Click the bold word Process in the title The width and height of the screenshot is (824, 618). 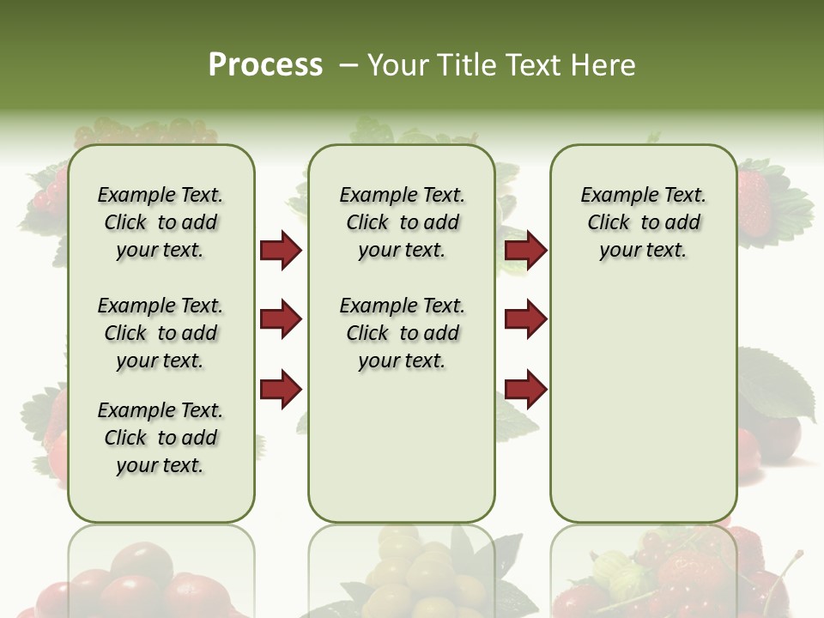click(265, 65)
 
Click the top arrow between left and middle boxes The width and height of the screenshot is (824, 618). click(281, 250)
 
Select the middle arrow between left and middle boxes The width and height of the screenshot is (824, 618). click(281, 319)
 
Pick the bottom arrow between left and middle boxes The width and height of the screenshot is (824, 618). click(281, 389)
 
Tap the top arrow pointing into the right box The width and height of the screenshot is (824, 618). click(525, 250)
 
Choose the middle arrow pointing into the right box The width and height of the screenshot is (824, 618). click(525, 319)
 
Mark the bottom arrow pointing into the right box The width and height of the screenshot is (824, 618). click(525, 389)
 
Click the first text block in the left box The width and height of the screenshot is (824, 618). click(161, 222)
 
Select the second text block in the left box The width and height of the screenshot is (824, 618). click(161, 333)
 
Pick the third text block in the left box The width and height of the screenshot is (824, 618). click(161, 438)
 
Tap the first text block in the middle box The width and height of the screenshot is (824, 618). click(402, 222)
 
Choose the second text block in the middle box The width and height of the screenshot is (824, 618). click(402, 333)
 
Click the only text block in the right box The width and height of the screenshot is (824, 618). click(643, 222)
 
